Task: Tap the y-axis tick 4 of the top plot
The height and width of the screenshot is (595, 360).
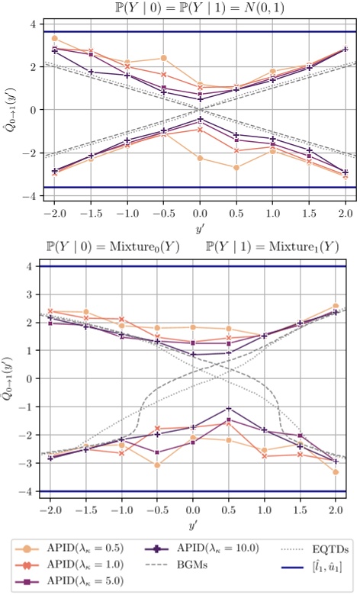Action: (33, 24)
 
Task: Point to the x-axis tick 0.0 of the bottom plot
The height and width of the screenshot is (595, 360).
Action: (194, 509)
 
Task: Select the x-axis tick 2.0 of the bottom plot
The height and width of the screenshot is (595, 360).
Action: (336, 509)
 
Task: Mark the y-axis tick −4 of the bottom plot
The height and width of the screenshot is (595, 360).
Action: (30, 491)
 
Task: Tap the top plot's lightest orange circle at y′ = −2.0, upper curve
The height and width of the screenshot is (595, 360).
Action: (55, 38)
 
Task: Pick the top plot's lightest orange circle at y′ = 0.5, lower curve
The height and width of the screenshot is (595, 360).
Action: (236, 168)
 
